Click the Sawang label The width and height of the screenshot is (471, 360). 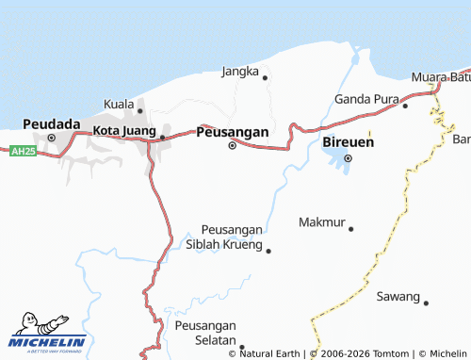tap(398, 296)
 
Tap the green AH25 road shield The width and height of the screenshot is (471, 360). tap(23, 151)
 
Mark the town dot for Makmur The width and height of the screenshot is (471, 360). tap(350, 228)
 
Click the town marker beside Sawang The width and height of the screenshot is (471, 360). tap(426, 303)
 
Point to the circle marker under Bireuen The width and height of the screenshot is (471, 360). tap(347, 158)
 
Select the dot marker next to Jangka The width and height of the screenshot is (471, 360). tap(265, 77)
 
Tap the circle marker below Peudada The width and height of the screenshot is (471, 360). tap(52, 139)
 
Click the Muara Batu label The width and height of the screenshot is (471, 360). tap(440, 76)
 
